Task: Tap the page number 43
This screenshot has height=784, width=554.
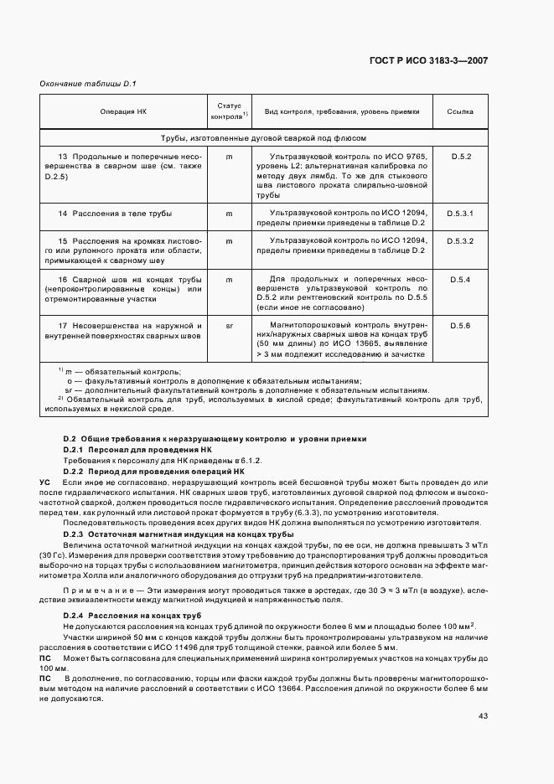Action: (x=484, y=692)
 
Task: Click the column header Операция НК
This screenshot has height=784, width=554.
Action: (x=123, y=111)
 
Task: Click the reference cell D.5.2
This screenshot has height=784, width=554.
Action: (x=462, y=157)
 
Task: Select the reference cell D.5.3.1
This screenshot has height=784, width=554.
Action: (x=462, y=214)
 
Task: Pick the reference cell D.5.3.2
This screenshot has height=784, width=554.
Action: (x=462, y=241)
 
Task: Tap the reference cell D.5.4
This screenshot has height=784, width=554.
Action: (x=462, y=279)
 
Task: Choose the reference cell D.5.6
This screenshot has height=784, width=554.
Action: (x=462, y=324)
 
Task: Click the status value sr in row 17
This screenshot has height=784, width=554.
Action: (x=229, y=324)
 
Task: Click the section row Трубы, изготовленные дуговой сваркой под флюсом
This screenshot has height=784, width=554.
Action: (x=264, y=138)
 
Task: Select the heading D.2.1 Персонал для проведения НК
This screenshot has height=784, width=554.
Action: (x=137, y=450)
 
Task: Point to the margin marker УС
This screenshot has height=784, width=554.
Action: (x=45, y=483)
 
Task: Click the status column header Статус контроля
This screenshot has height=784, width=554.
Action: (x=229, y=111)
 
